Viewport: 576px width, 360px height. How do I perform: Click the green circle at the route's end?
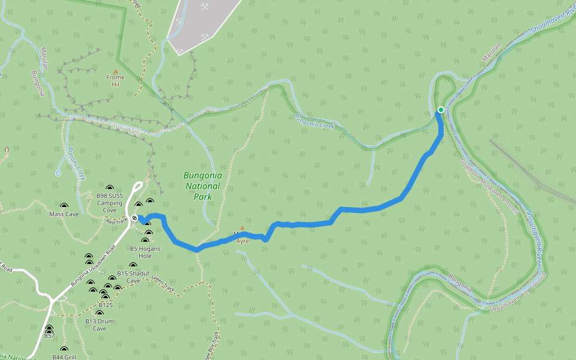tap(441, 109)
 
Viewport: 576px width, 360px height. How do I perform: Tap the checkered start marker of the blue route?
tap(134, 218)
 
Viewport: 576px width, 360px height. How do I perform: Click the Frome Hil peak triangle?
tap(116, 71)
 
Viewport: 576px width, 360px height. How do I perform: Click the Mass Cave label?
tap(64, 214)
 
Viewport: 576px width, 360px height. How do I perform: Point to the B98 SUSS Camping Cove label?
tap(110, 203)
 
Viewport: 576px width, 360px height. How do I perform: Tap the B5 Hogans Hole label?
tap(141, 252)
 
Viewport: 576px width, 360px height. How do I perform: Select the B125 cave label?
tap(106, 305)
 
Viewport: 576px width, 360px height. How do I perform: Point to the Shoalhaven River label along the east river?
tap(538, 232)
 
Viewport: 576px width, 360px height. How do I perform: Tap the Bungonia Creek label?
tap(313, 122)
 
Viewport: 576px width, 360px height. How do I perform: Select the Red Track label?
tap(115, 222)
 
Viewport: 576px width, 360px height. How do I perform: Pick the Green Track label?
tap(163, 284)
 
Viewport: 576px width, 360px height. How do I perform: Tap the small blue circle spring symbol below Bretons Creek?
tap(58, 173)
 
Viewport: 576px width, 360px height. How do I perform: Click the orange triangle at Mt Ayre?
tap(242, 228)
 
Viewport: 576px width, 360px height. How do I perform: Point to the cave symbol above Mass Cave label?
tap(64, 206)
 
